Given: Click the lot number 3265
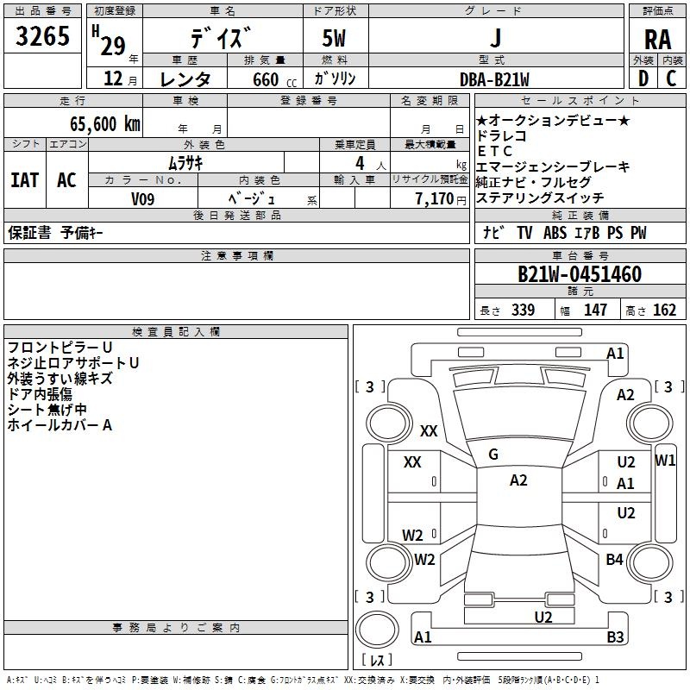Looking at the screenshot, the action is pyautogui.click(x=42, y=36).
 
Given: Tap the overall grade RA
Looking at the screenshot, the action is pyautogui.click(x=657, y=40).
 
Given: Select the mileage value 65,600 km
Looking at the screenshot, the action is pyautogui.click(x=105, y=124).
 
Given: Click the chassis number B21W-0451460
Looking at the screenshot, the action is pyautogui.click(x=580, y=274).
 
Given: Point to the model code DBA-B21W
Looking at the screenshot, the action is pyautogui.click(x=494, y=79).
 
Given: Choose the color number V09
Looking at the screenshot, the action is pyautogui.click(x=142, y=199).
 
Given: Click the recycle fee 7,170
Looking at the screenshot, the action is pyautogui.click(x=435, y=199).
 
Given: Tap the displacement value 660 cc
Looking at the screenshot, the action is pyautogui.click(x=274, y=80).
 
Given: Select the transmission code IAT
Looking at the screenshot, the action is pyautogui.click(x=24, y=180).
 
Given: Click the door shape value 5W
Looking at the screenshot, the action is pyautogui.click(x=334, y=39).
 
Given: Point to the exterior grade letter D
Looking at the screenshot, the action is pyautogui.click(x=643, y=78).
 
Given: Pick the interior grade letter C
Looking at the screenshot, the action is pyautogui.click(x=671, y=78).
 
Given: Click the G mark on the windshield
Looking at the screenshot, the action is pyautogui.click(x=493, y=454).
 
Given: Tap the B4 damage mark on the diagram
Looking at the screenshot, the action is pyautogui.click(x=614, y=559).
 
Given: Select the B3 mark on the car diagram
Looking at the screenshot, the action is pyautogui.click(x=615, y=637).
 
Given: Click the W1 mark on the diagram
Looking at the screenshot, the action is pyautogui.click(x=665, y=461).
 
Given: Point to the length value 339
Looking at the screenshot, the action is pyautogui.click(x=523, y=310).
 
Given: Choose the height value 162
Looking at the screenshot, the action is pyautogui.click(x=664, y=310).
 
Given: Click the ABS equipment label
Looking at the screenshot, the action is pyautogui.click(x=555, y=232).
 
